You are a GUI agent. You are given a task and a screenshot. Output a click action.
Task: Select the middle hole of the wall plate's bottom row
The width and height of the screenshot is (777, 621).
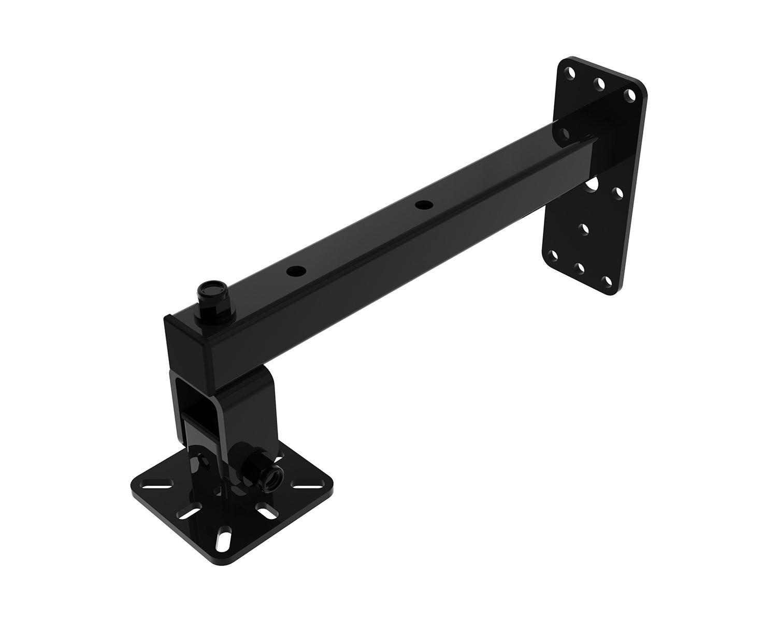coord(580,267)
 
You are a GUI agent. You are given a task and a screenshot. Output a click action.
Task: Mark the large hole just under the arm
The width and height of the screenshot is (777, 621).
coord(592,184)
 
